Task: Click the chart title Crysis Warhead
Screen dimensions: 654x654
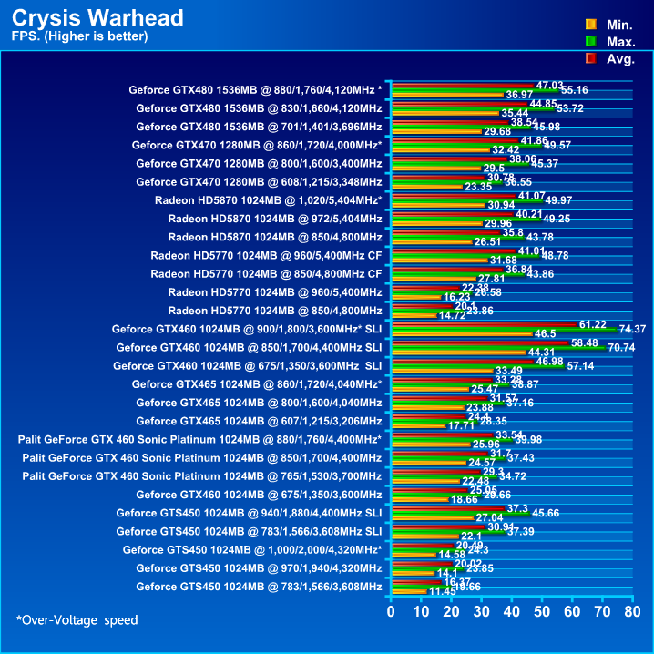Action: (x=98, y=18)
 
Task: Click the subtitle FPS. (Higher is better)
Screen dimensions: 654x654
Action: (x=79, y=36)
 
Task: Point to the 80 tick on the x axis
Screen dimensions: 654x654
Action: (x=629, y=611)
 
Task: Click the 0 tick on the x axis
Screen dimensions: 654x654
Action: (x=391, y=611)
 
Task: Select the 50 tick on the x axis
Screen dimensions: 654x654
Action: (x=540, y=611)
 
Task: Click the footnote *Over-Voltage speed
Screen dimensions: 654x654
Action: (x=77, y=620)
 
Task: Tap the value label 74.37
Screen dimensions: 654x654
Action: (x=631, y=329)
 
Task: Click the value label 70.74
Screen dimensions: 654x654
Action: (x=620, y=347)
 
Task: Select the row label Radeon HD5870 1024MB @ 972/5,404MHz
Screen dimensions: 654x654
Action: (x=275, y=219)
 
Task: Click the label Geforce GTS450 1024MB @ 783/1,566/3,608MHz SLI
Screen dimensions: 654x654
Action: (x=249, y=531)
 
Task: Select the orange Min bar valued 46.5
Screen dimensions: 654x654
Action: (x=460, y=333)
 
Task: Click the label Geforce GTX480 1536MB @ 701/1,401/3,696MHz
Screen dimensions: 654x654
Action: (x=259, y=127)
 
